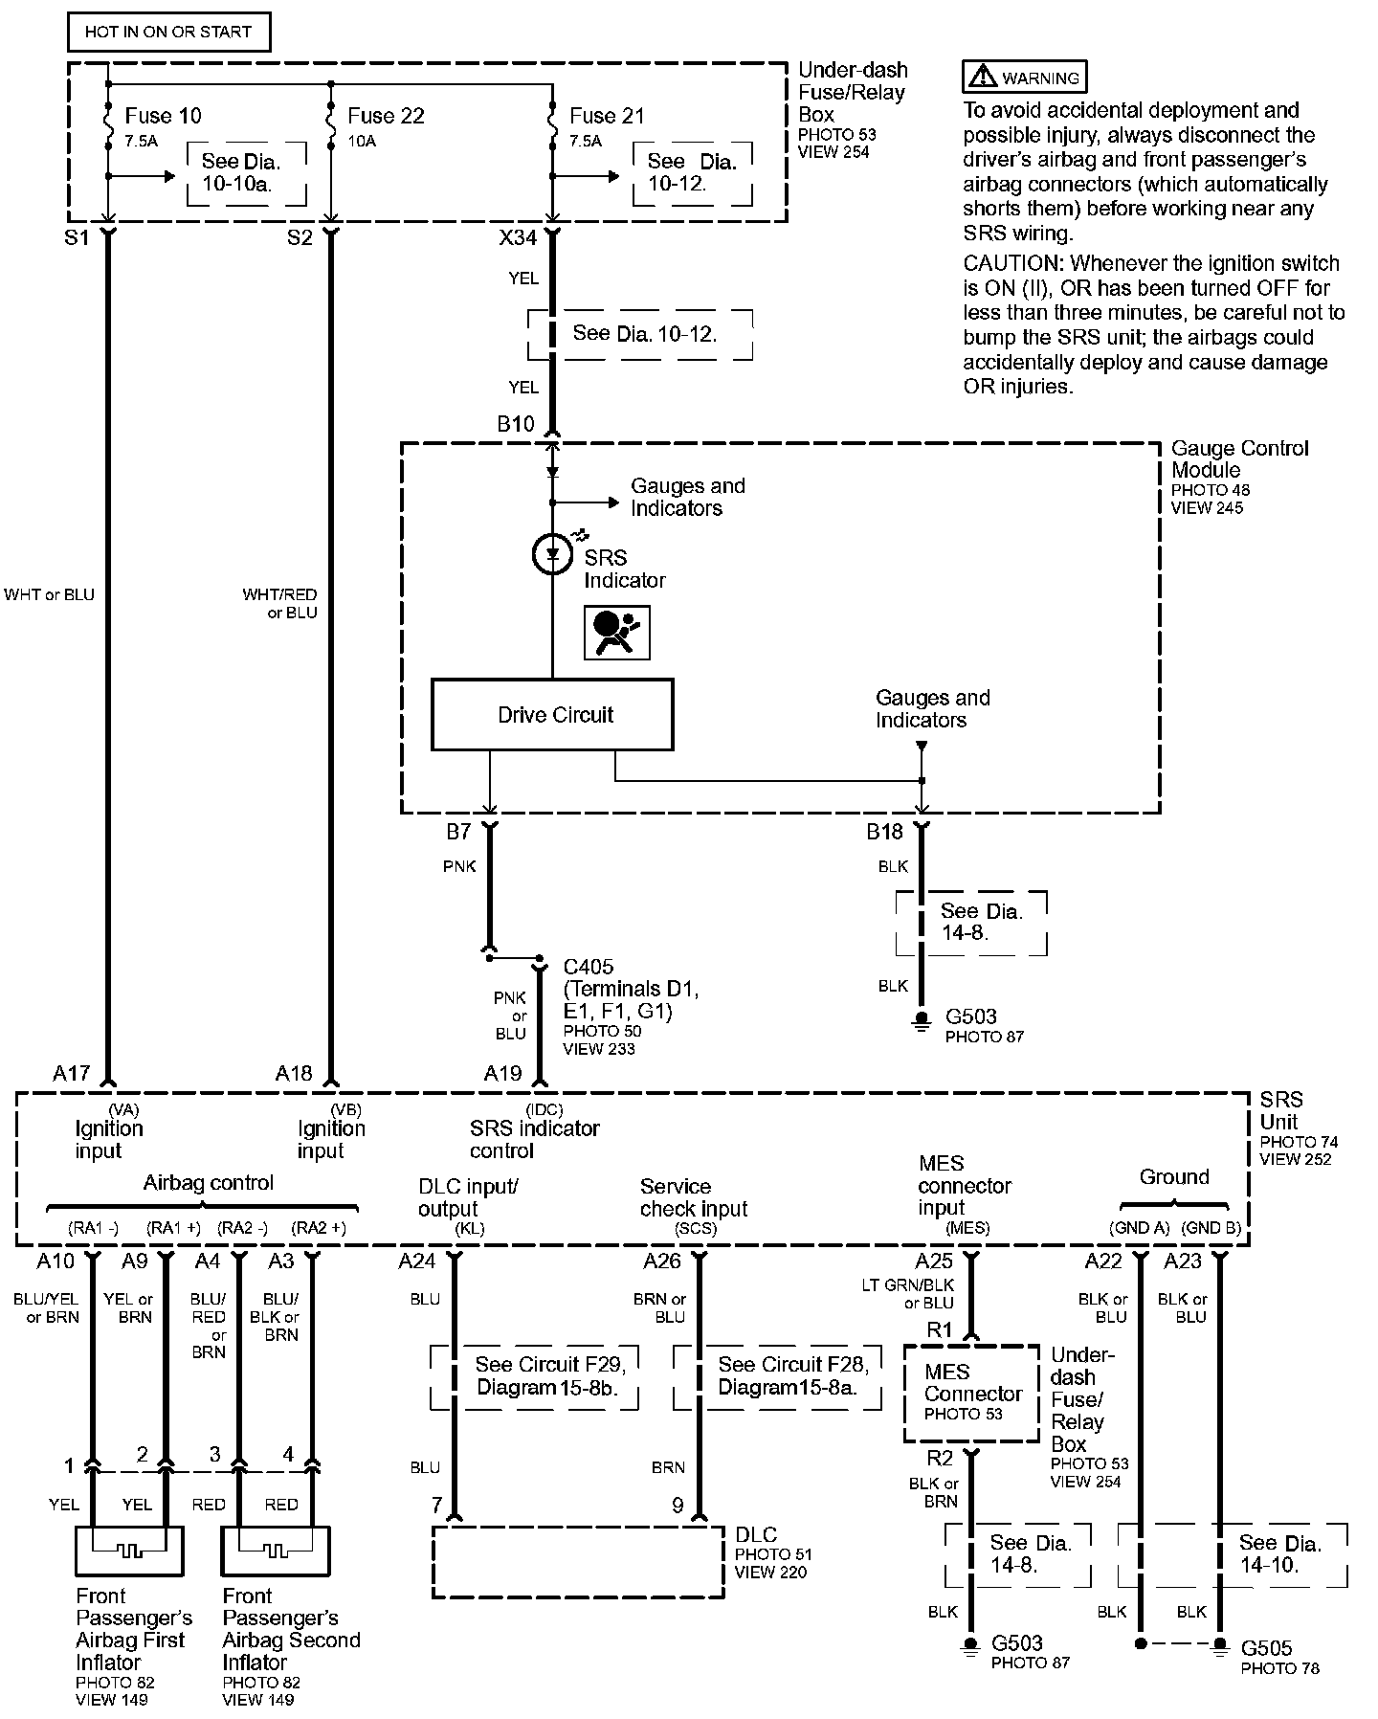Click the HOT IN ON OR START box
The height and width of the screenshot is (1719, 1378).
click(168, 32)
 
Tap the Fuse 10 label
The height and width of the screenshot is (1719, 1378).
click(164, 116)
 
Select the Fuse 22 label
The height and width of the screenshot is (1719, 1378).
click(386, 116)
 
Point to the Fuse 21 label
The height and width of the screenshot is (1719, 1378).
click(608, 116)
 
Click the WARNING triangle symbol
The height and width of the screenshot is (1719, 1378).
click(981, 78)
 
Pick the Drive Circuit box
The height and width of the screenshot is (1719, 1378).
click(553, 715)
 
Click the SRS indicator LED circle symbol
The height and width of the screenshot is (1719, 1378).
click(552, 554)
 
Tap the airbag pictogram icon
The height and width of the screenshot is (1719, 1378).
click(617, 633)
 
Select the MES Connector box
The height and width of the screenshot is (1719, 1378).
click(971, 1394)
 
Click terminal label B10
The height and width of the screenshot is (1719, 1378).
click(516, 424)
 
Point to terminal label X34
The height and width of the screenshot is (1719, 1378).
click(518, 236)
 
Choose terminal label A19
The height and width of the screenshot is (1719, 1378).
click(503, 1073)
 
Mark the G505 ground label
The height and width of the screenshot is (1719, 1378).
click(1266, 1648)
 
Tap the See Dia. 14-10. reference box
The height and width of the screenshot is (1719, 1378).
click(1233, 1555)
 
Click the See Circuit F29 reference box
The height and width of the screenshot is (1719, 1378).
click(535, 1377)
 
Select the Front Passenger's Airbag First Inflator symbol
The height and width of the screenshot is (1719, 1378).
click(130, 1551)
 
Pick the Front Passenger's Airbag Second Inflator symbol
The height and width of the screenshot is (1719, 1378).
click(277, 1551)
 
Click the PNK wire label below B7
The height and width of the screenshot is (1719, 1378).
click(459, 866)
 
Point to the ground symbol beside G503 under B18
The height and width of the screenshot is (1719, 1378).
click(921, 1021)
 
